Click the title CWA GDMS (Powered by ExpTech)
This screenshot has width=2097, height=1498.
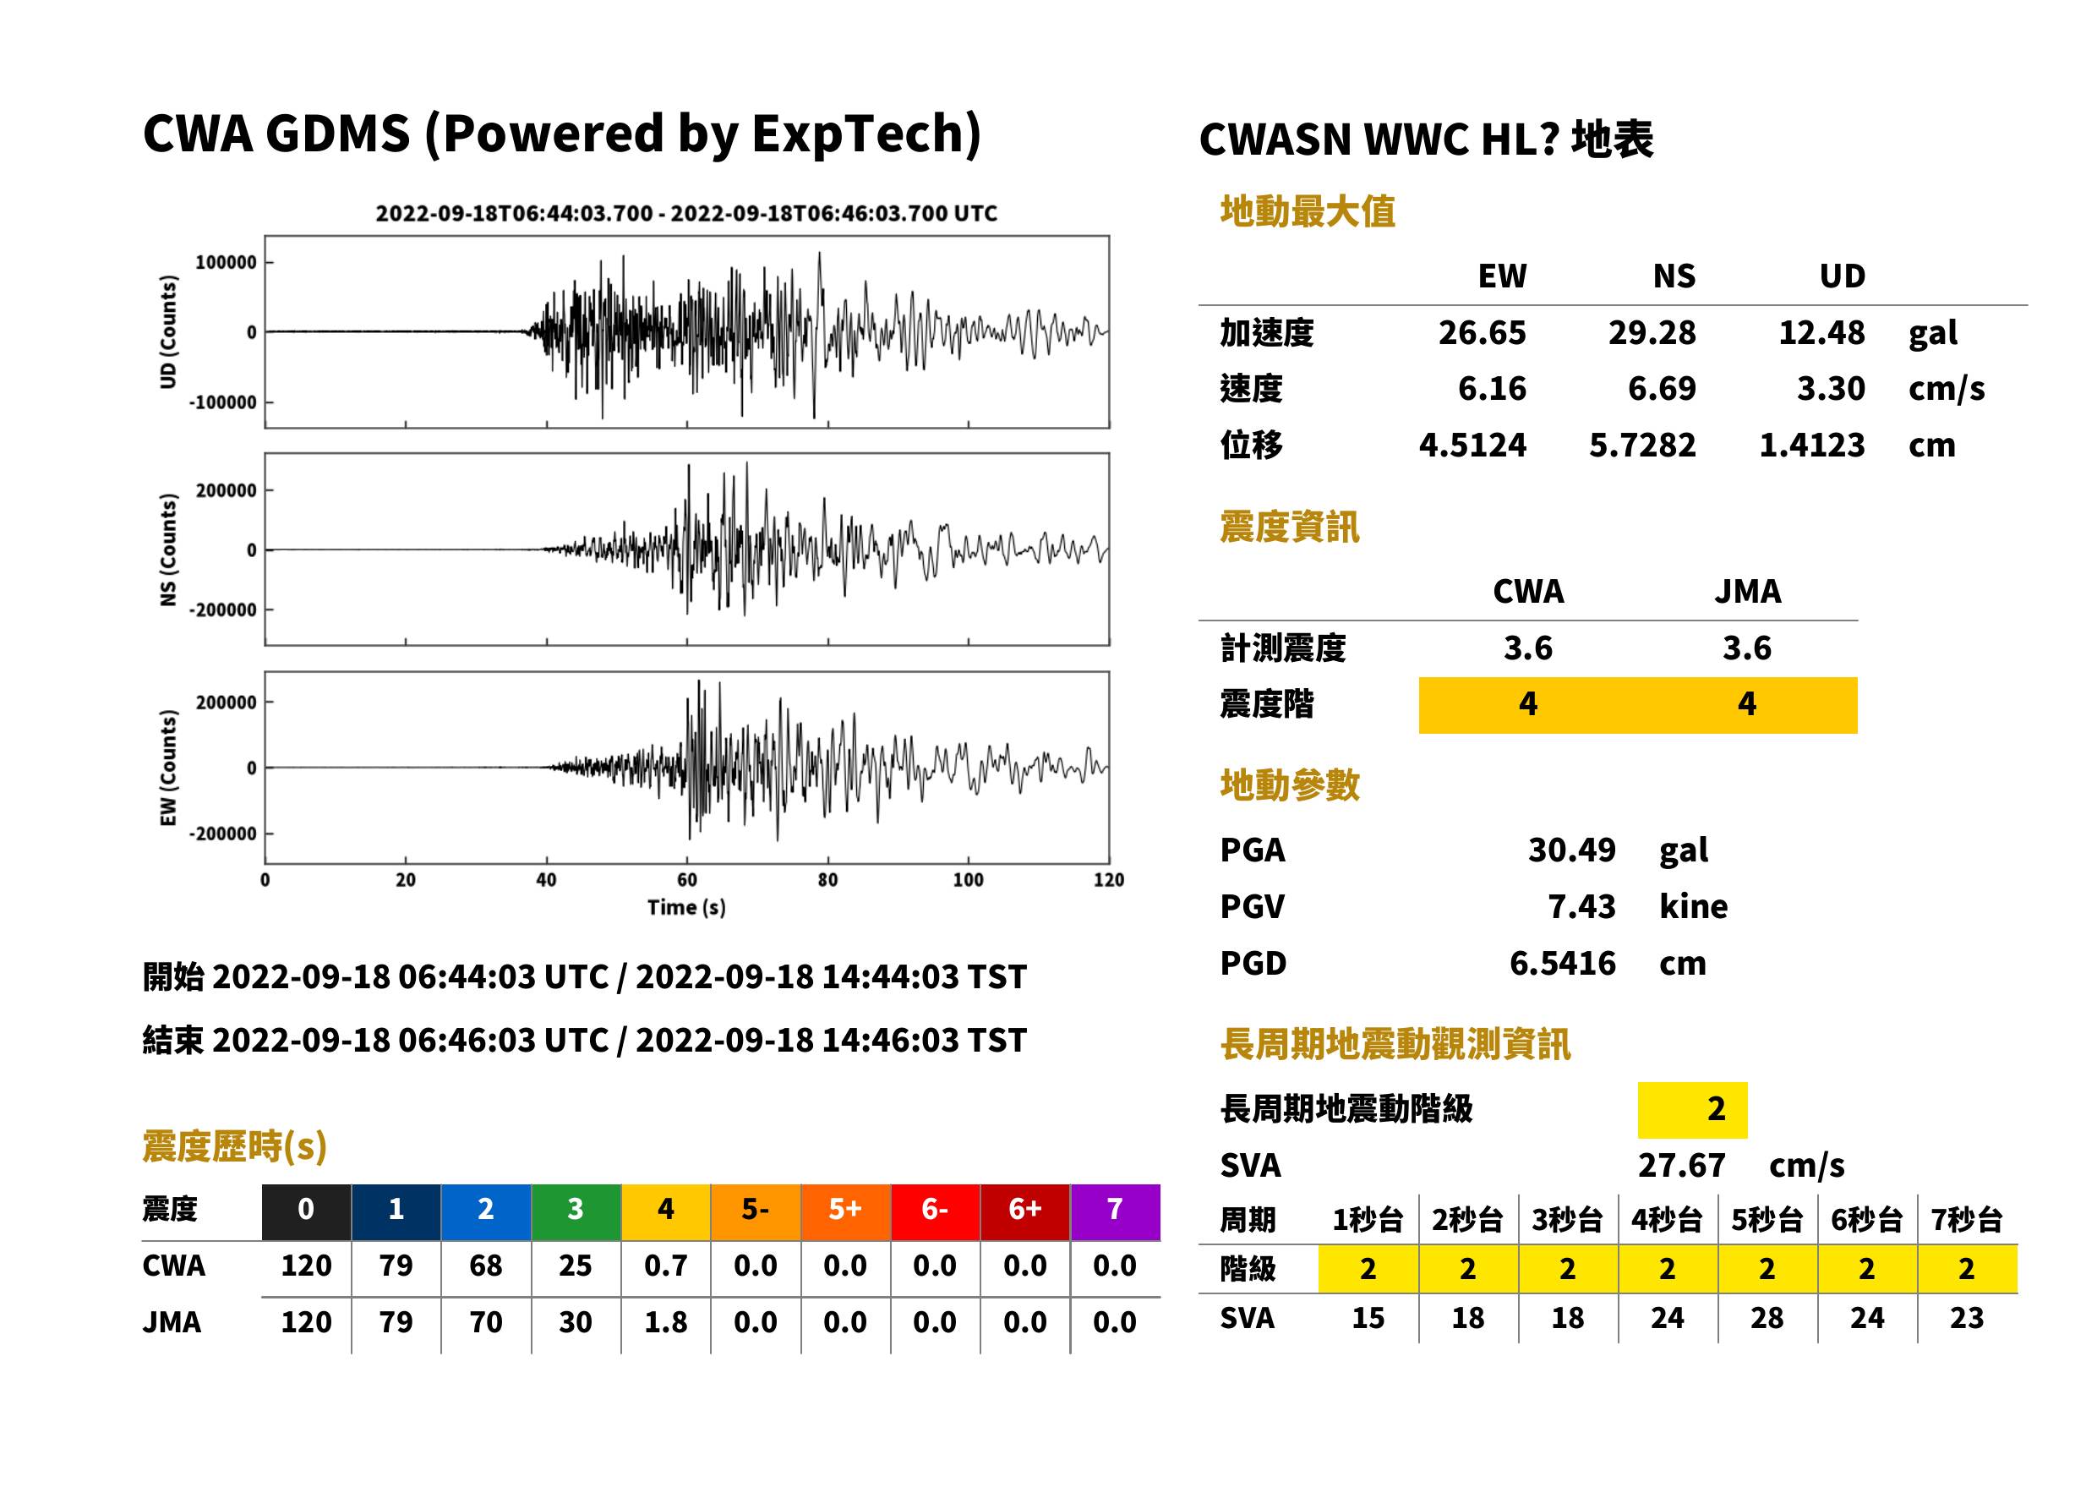[x=561, y=134]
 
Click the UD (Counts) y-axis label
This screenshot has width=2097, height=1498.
[x=168, y=332]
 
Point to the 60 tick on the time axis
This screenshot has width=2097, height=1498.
[x=687, y=879]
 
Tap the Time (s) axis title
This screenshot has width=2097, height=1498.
[x=686, y=908]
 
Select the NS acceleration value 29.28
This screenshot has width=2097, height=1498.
[x=1652, y=332]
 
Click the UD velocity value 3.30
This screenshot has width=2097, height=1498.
[x=1831, y=388]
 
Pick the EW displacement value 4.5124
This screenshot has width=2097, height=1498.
[x=1472, y=446]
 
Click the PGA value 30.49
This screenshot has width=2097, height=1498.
[x=1571, y=850]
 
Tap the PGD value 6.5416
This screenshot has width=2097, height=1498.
[x=1562, y=963]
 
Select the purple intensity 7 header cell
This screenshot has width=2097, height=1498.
[x=1115, y=1211]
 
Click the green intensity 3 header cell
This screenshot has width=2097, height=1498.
[x=576, y=1211]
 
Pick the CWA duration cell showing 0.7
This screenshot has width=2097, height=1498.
[x=666, y=1266]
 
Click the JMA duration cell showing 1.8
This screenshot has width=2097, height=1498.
[x=666, y=1323]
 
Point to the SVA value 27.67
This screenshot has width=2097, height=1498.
[x=1681, y=1166]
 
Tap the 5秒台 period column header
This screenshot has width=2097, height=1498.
[x=1767, y=1221]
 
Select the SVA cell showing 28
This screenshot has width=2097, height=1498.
[x=1767, y=1318]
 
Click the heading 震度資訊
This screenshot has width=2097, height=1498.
[x=1289, y=528]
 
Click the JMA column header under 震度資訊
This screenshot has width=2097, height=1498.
[x=1748, y=591]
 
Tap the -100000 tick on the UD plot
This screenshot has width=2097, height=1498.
[x=223, y=403]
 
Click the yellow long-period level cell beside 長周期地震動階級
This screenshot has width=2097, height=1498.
[x=1692, y=1110]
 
